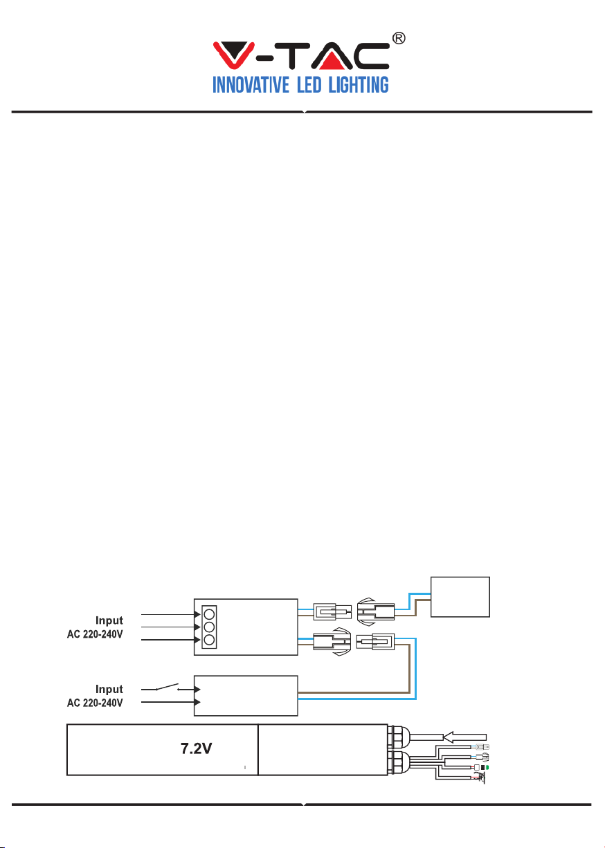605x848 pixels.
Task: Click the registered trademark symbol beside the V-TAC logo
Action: (x=398, y=38)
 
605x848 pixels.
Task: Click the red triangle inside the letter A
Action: (x=332, y=60)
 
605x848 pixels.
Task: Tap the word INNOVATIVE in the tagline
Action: (x=251, y=85)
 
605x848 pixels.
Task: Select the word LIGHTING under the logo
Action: (x=358, y=85)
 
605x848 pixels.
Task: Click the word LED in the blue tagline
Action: (x=309, y=85)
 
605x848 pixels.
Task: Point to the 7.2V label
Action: (x=196, y=748)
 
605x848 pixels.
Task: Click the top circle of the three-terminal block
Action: (x=209, y=614)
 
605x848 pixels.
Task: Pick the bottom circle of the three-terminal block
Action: (x=209, y=640)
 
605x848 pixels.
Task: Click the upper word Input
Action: (x=109, y=620)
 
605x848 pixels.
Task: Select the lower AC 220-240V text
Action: (x=95, y=703)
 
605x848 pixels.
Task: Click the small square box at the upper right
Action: (x=460, y=597)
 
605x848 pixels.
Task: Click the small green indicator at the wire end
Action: (x=487, y=767)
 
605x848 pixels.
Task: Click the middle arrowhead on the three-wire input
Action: (x=197, y=627)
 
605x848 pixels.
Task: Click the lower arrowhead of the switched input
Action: (x=197, y=702)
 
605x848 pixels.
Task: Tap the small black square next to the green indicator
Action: (x=482, y=767)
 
